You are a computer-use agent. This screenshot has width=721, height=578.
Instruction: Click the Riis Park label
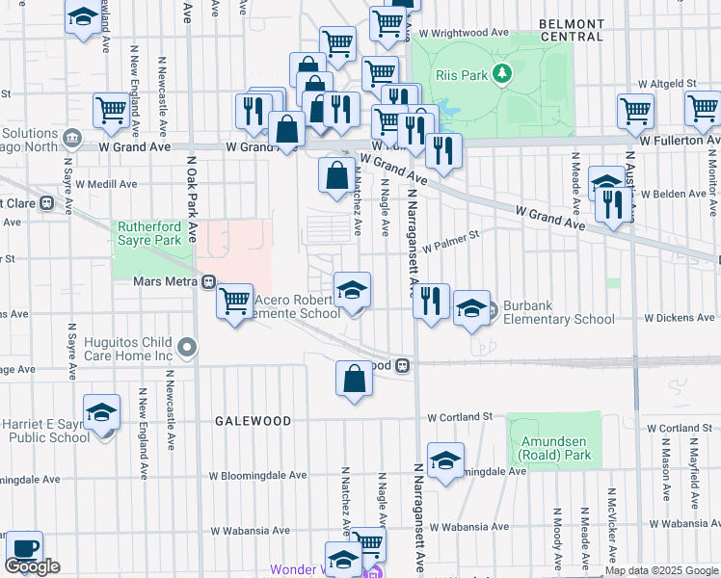point(461,73)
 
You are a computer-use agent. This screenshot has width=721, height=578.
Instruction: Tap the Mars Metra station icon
point(208,282)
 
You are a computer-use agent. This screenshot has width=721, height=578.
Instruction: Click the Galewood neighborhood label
point(253,421)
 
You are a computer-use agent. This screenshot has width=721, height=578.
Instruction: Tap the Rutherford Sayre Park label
point(148,233)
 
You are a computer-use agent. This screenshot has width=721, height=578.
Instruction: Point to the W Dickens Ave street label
point(681,316)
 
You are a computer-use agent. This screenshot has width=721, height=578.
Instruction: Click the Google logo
point(32,566)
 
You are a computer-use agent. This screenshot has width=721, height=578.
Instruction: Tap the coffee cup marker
point(24,549)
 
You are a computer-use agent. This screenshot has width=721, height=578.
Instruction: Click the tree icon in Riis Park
point(500,73)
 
